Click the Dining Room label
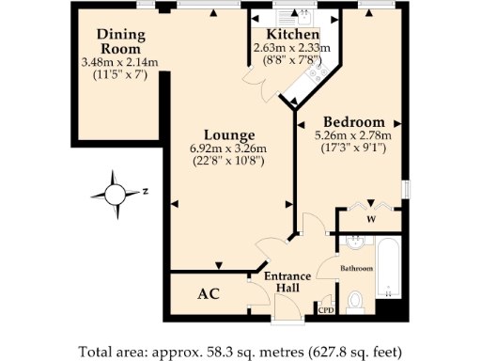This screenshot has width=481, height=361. point(119,42)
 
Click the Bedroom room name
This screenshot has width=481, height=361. point(354,122)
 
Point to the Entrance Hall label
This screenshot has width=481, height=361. point(287,282)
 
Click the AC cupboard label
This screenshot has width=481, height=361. point(209,294)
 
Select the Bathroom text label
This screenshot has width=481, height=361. point(357,269)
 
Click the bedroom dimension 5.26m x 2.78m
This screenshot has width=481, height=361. point(355,135)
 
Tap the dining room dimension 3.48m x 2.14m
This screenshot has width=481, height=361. point(119,62)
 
